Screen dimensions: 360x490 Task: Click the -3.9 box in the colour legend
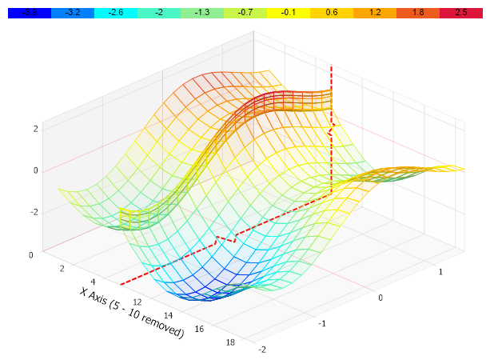[29, 13]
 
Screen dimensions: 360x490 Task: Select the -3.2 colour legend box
[72, 13]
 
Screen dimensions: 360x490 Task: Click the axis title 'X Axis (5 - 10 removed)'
[132, 312]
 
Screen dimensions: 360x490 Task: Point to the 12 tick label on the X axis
[137, 302]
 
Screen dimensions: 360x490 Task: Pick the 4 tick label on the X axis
[93, 282]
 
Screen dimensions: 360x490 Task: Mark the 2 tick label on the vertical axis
[35, 128]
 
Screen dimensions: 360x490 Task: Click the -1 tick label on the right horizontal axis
[323, 323]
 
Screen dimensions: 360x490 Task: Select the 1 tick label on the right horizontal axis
[442, 272]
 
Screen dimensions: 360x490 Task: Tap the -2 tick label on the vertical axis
[34, 212]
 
